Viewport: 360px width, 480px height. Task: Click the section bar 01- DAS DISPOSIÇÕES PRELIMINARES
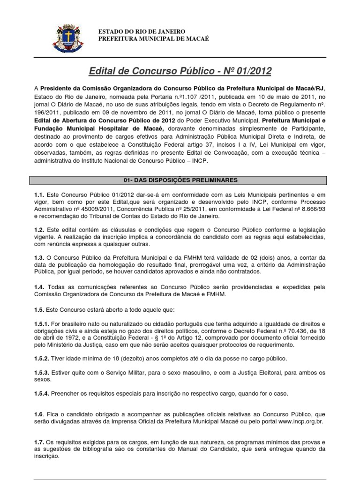[x=180, y=180]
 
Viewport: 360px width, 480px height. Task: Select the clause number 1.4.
[x=40, y=287]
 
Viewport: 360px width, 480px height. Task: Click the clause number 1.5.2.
[x=43, y=358]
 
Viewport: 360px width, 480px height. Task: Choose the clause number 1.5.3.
[x=43, y=372]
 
